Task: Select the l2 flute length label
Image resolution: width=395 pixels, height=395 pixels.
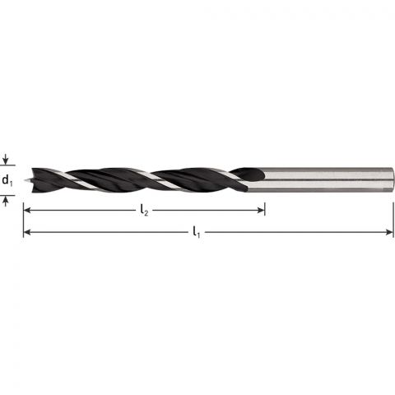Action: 143,211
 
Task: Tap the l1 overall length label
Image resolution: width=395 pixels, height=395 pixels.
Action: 196,233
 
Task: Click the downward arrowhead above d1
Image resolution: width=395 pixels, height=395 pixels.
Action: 7,161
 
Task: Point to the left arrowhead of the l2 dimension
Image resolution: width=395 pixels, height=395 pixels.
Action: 27,211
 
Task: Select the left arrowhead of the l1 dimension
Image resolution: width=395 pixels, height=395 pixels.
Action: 27,233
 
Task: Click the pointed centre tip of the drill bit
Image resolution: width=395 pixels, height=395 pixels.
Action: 25,179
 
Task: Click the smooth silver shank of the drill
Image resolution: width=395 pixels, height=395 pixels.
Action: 329,179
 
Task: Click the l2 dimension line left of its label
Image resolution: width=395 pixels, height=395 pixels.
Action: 82,211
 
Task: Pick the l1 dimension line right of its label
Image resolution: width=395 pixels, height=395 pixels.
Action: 296,233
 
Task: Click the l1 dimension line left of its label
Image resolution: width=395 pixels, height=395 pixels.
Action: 107,233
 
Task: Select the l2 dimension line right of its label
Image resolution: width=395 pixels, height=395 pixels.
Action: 206,211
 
